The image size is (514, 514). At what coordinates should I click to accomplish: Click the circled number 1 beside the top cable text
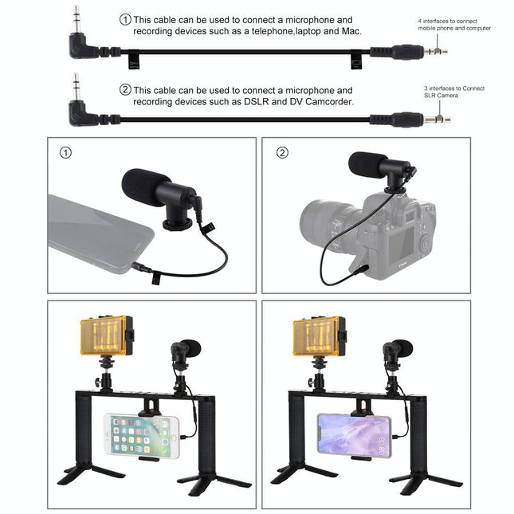125,18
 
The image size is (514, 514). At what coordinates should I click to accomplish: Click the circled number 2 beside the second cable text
125,90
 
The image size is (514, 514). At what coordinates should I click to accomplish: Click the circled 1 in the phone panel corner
65,151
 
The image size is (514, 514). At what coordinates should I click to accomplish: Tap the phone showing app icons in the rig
140,434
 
